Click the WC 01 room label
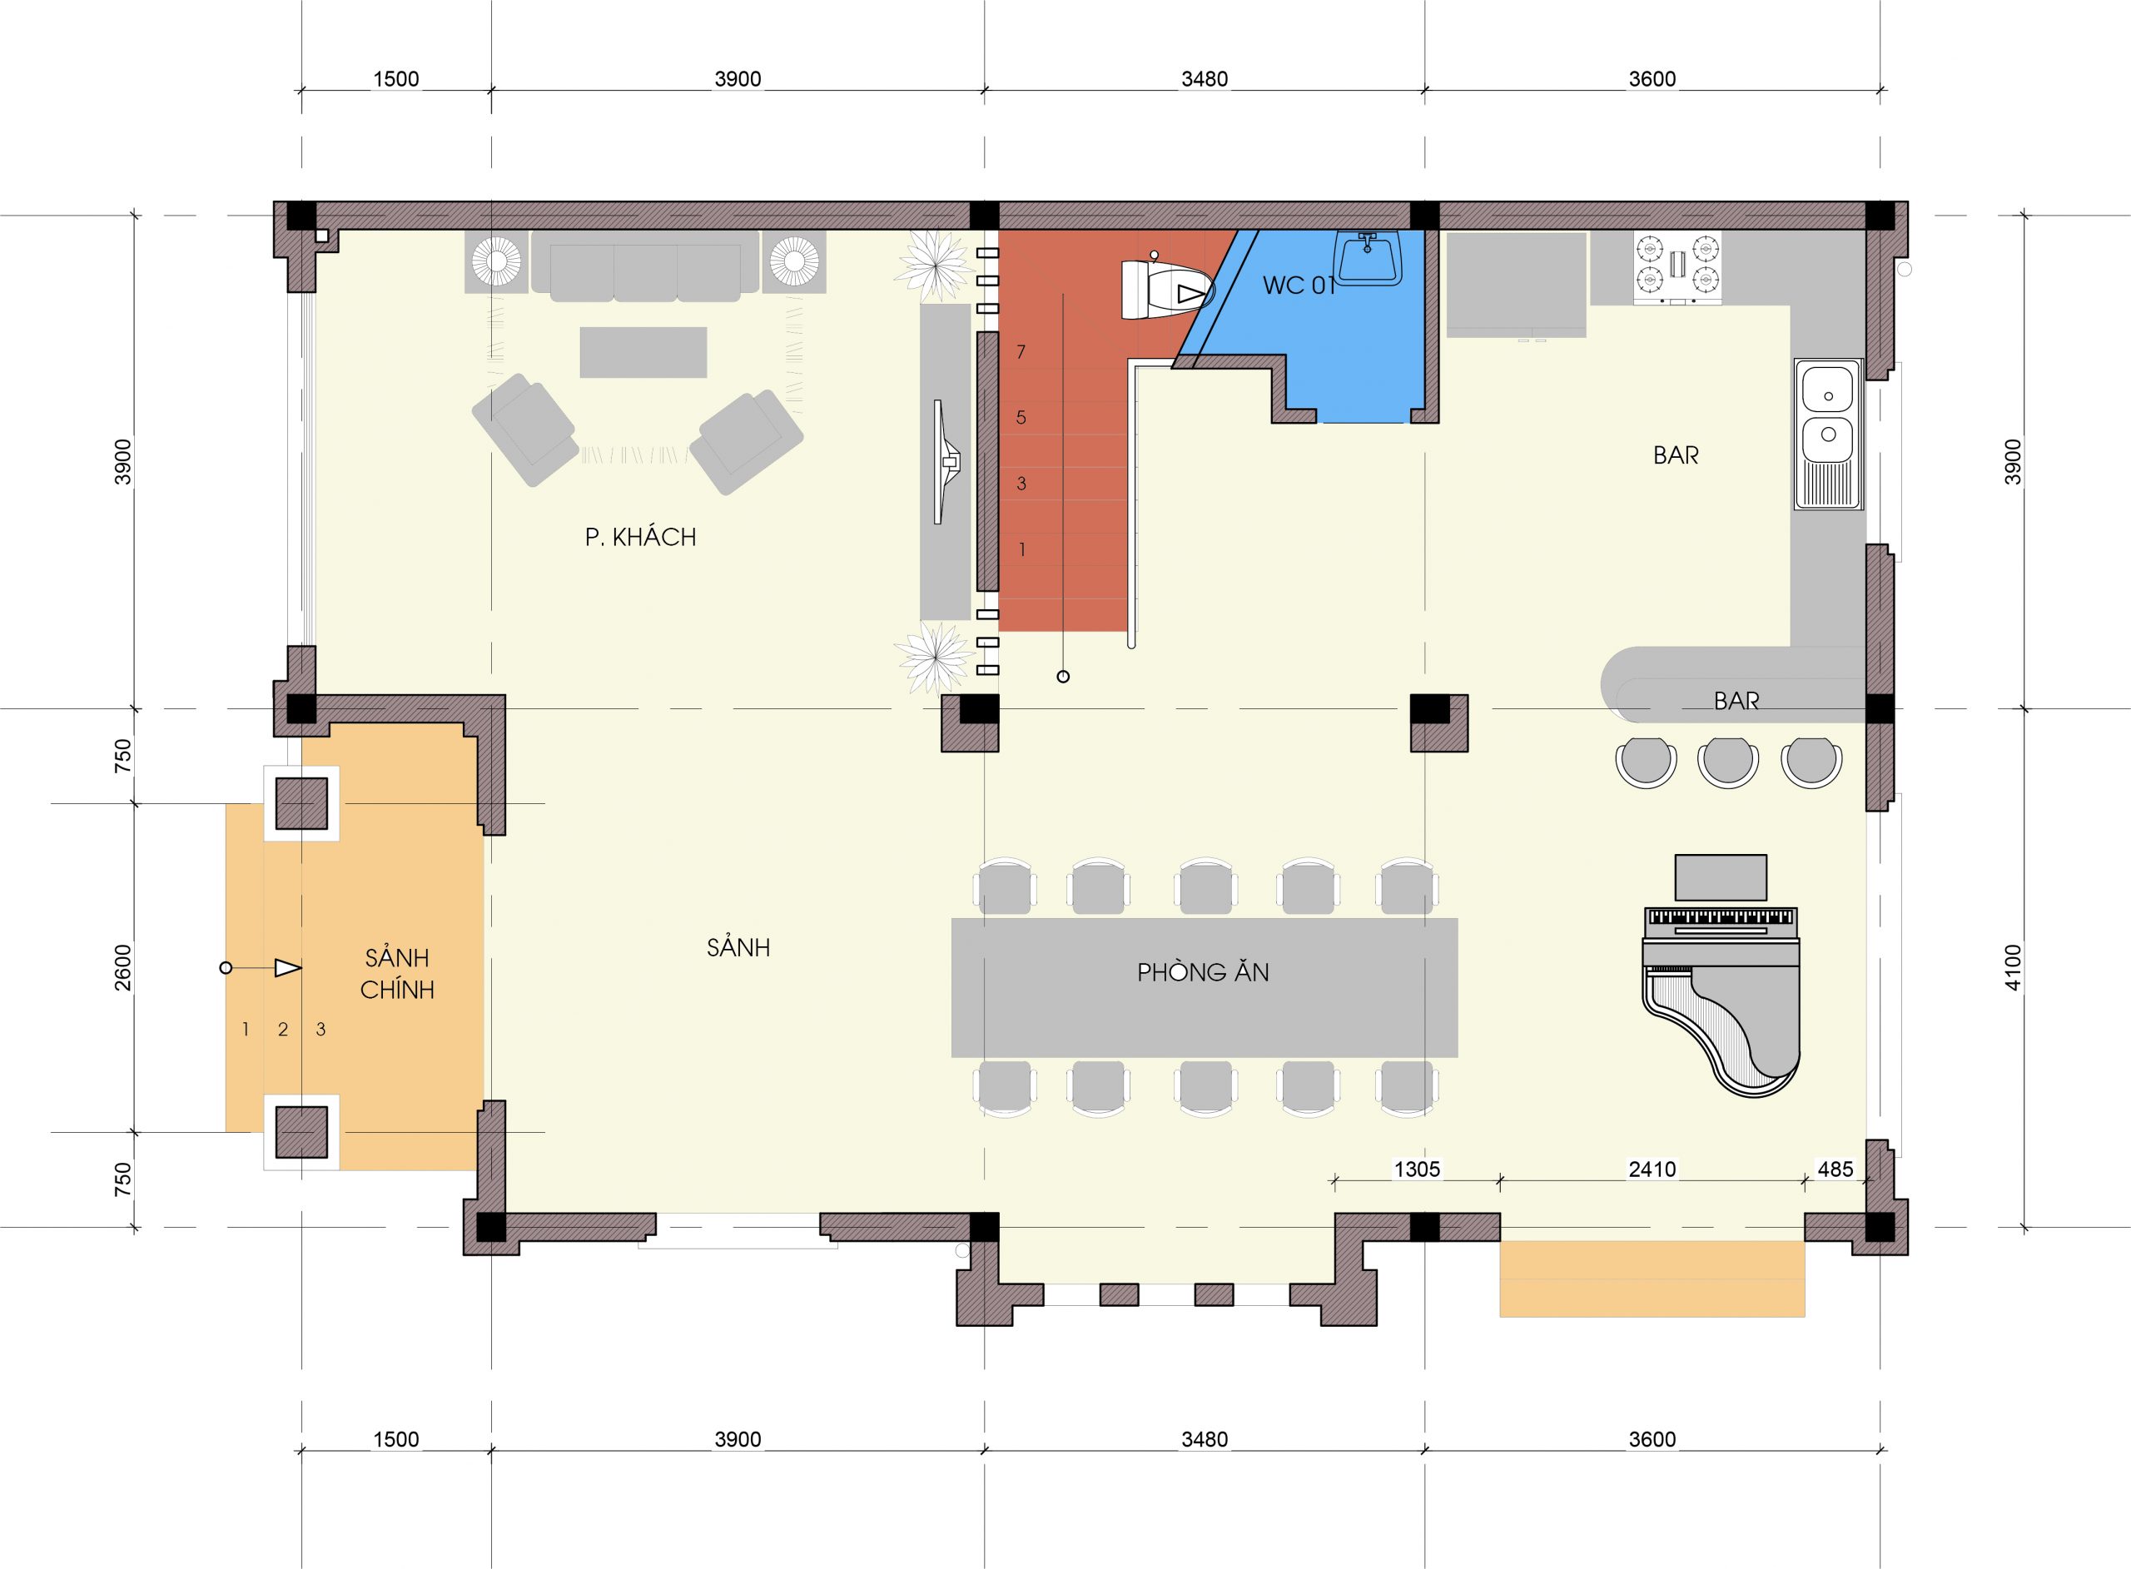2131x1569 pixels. tap(1299, 285)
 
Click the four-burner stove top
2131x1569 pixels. tap(1677, 268)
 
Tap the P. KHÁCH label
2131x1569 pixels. tap(640, 538)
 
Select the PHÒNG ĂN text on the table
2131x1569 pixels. tap(1203, 971)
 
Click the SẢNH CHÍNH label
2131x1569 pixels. tap(397, 974)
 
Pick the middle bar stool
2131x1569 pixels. tap(1727, 762)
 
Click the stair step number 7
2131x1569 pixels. tap(1021, 352)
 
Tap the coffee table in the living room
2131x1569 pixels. tap(643, 352)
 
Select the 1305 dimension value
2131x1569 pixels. tap(1417, 1169)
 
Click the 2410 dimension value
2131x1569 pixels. tap(1652, 1169)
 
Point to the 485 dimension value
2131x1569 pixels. tap(1835, 1169)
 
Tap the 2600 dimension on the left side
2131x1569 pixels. tap(123, 968)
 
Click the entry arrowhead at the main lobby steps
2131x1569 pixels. tap(288, 968)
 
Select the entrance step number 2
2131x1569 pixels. tap(283, 1029)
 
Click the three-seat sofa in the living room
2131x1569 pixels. tap(646, 267)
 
